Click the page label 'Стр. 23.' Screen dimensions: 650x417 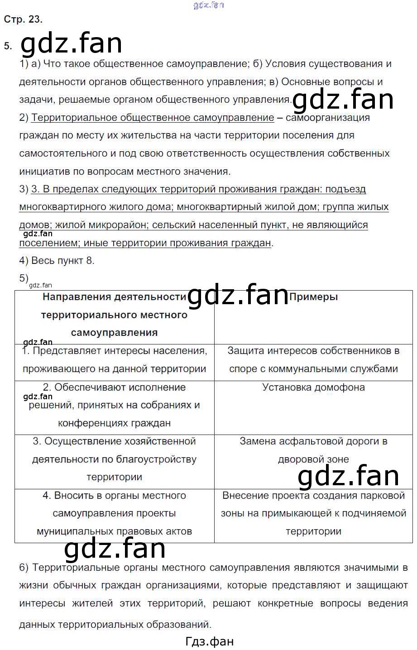(x=23, y=19)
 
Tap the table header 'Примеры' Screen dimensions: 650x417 (x=313, y=297)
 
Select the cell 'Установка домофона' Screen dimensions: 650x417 (x=313, y=387)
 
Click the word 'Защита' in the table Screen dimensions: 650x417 (x=244, y=351)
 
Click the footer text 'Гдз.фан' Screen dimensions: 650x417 (x=209, y=641)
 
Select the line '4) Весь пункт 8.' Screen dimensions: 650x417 (x=57, y=261)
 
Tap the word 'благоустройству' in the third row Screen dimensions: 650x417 (x=156, y=459)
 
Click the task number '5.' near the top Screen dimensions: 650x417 (x=8, y=46)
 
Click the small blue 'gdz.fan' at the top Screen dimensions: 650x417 (x=208, y=5)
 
